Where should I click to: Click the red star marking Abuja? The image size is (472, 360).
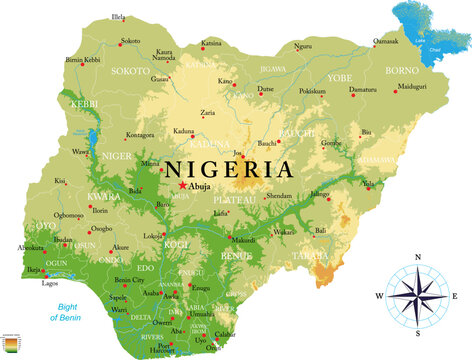tap(182, 185)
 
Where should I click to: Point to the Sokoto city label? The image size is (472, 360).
tap(130, 41)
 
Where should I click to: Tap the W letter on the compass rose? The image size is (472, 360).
tap(380, 296)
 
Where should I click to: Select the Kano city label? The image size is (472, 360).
tap(226, 81)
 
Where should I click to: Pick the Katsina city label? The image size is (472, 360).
tap(211, 43)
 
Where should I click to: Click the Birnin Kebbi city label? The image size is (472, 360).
tap(82, 60)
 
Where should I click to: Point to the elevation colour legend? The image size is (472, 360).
tap(10, 347)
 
